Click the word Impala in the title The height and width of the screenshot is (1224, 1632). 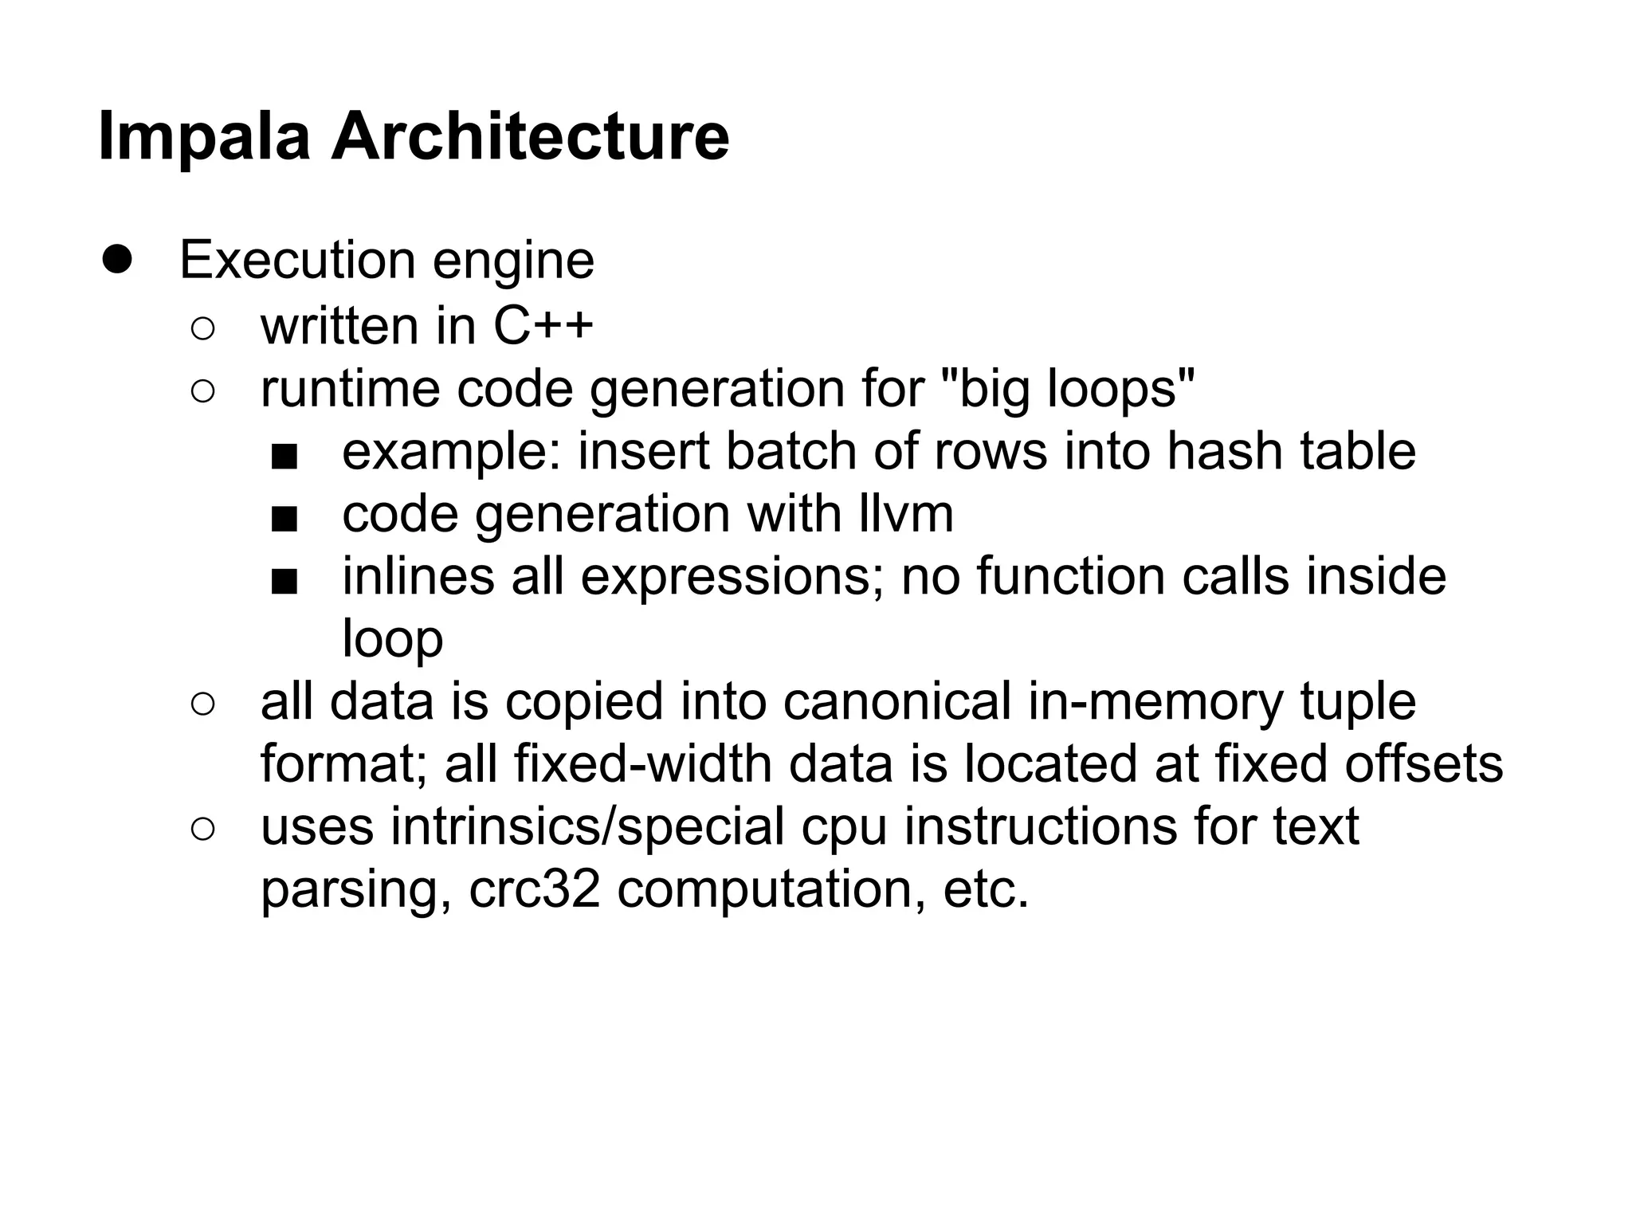204,137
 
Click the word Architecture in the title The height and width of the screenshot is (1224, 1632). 530,137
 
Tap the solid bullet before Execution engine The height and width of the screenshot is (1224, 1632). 117,259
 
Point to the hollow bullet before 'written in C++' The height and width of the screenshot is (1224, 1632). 203,328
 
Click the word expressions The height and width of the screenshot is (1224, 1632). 732,577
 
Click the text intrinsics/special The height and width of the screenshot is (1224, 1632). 587,826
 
